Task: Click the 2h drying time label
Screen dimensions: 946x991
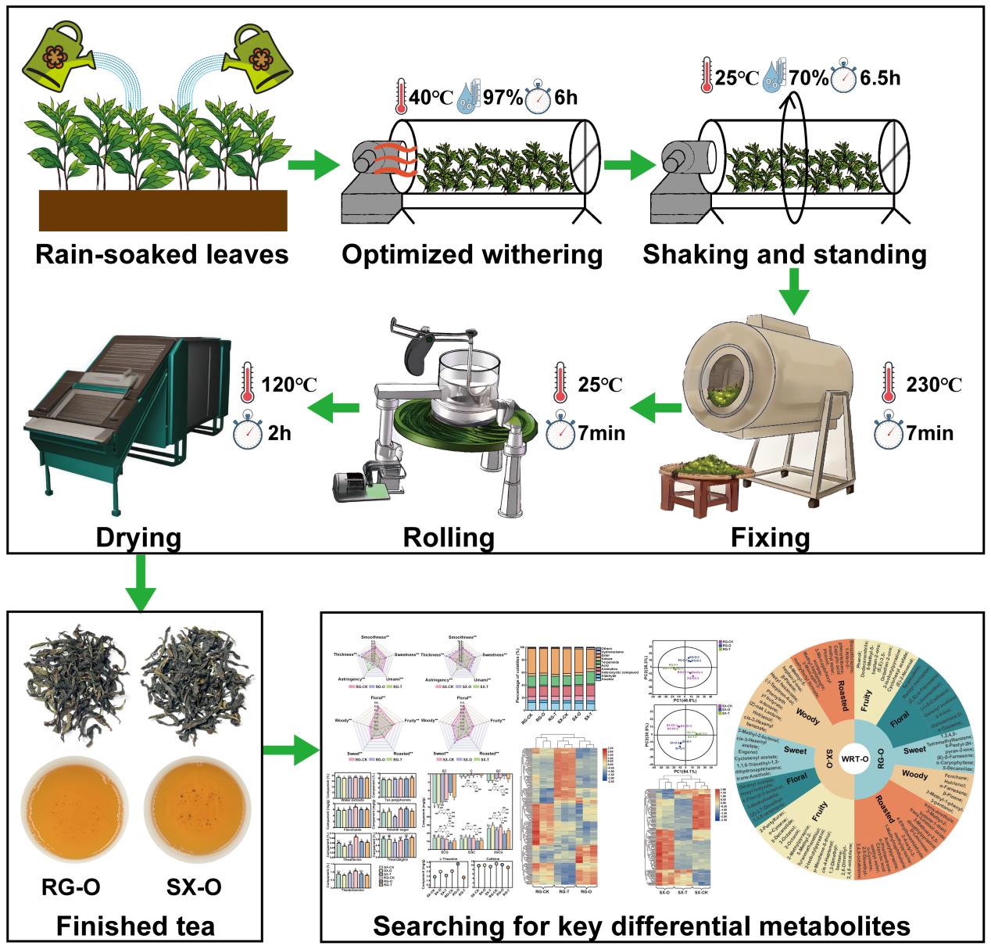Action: tap(277, 431)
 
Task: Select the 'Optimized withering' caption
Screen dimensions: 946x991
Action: tap(473, 254)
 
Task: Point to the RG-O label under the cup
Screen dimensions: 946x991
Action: tap(70, 887)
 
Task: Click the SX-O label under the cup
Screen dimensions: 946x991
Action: tap(194, 887)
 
